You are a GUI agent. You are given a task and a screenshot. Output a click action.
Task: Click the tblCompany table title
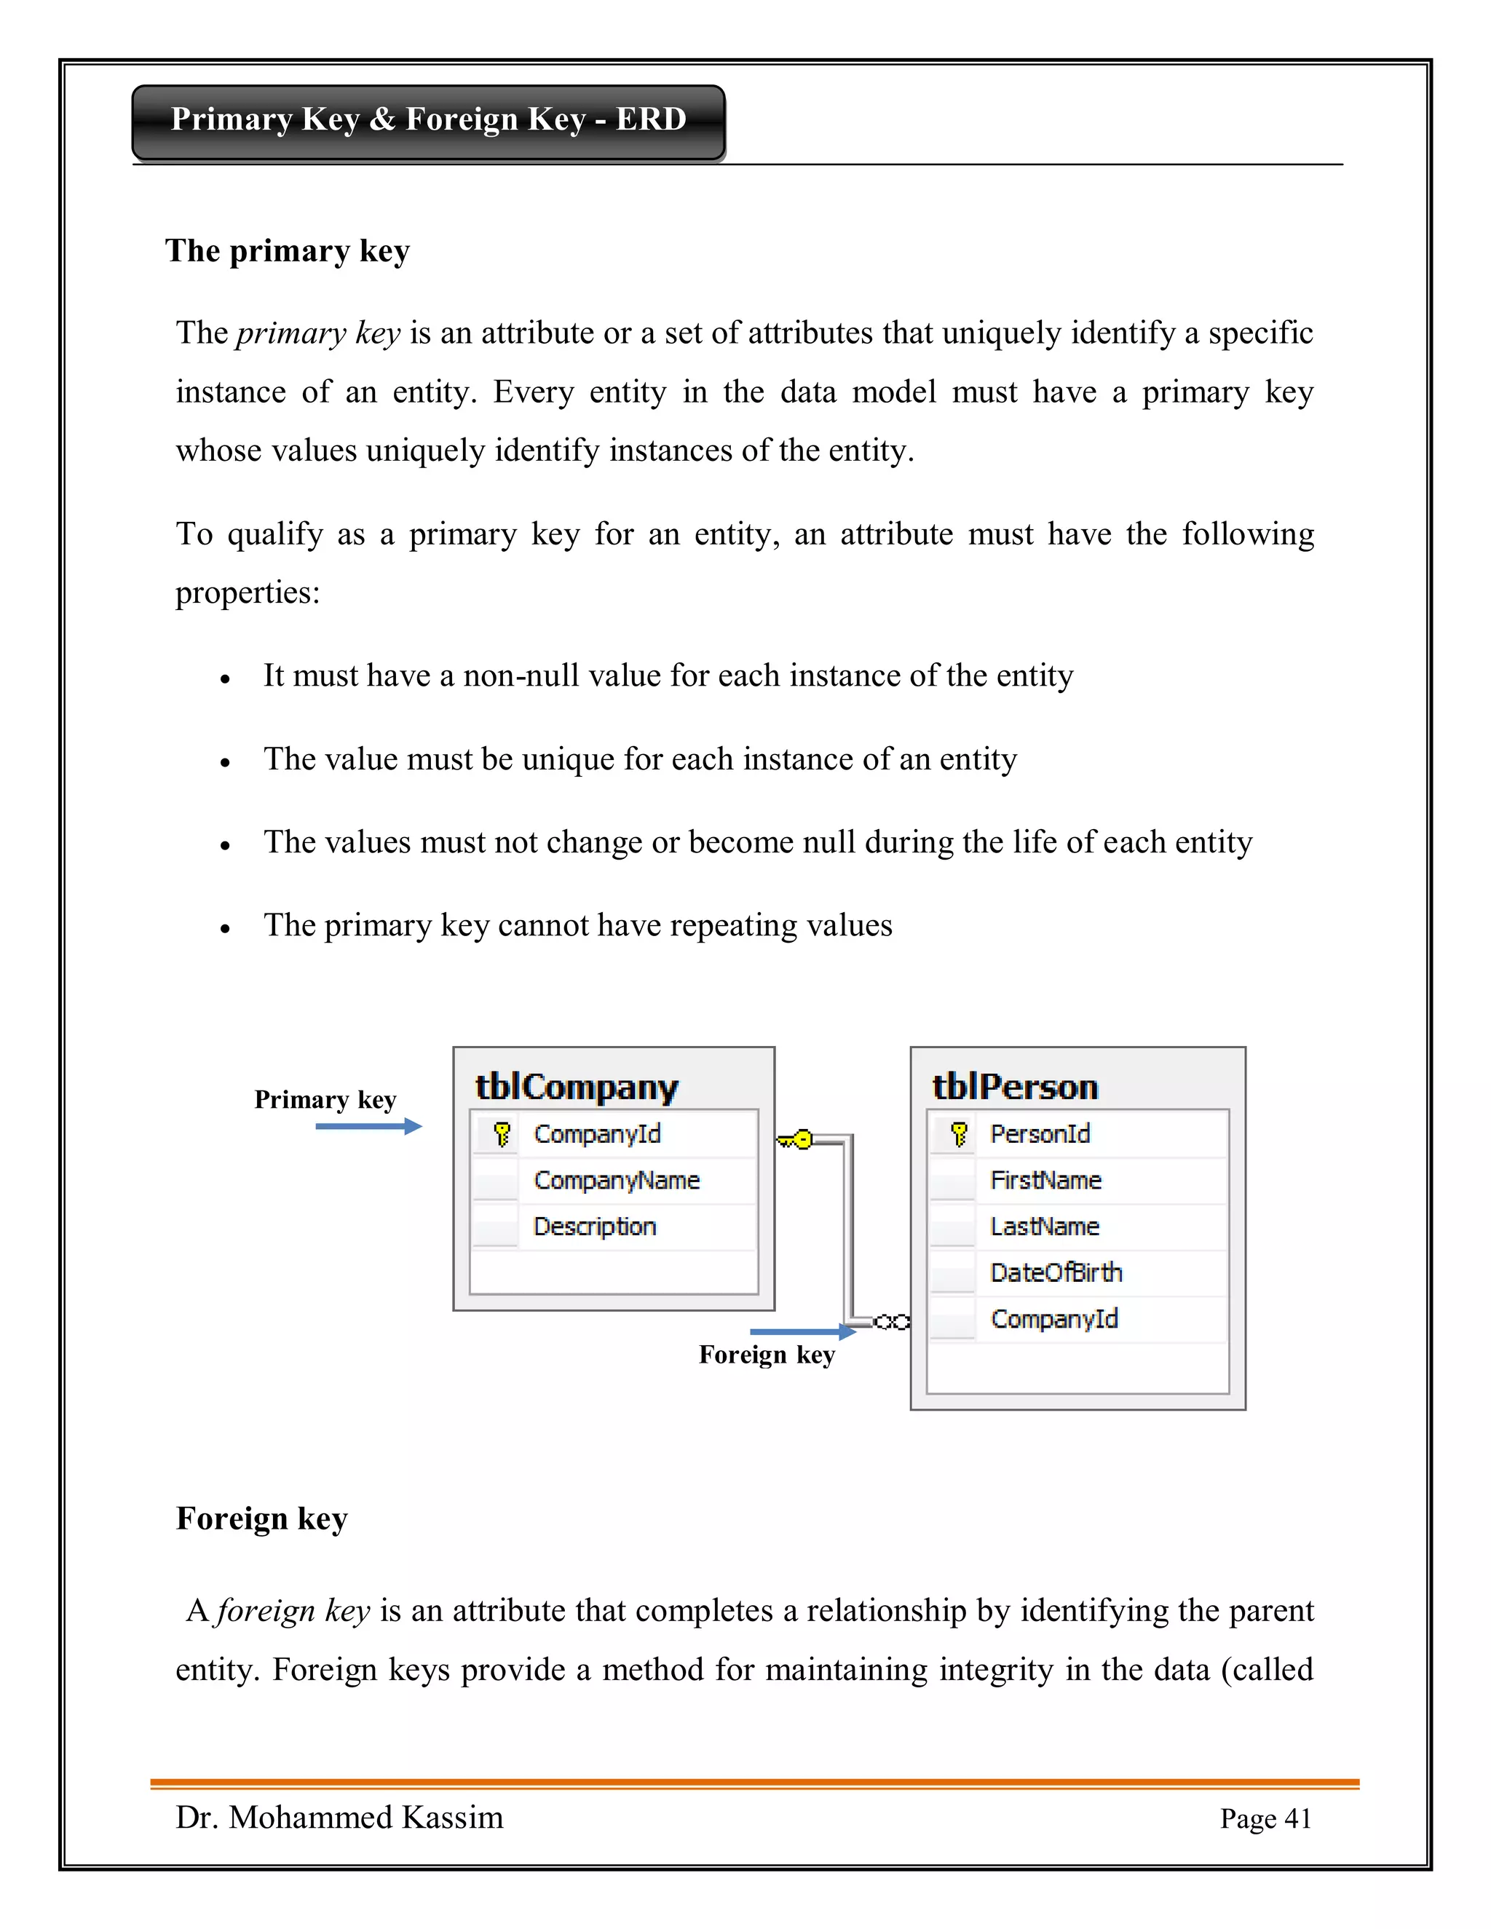pos(577,1086)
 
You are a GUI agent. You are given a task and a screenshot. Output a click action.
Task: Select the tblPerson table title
pos(1015,1086)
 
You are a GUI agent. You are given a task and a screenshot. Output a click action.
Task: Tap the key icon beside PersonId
pos(958,1133)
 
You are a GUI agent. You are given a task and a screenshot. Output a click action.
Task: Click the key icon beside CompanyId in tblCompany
pos(502,1133)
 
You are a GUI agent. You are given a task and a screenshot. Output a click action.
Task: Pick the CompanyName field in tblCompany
pos(617,1180)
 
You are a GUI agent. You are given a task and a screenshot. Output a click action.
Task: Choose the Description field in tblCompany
pos(595,1226)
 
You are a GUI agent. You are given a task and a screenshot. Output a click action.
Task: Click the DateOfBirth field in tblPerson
pos(1056,1272)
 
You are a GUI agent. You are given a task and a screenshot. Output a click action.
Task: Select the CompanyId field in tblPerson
pos(1053,1319)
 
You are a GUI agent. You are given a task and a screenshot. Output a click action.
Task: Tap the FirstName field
pos(1046,1180)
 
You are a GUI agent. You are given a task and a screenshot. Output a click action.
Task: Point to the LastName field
pos(1044,1226)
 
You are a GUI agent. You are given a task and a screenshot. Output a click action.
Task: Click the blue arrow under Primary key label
pos(368,1126)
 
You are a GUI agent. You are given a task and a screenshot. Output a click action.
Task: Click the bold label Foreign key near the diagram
pos(766,1355)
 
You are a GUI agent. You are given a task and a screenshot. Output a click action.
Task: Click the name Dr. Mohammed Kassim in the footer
pos(339,1817)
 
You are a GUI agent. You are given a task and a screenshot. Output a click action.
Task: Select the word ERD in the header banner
pos(651,119)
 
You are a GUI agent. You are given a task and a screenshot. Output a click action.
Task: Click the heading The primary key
pos(287,251)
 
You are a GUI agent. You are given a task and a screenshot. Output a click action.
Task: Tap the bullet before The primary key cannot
pos(225,928)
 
